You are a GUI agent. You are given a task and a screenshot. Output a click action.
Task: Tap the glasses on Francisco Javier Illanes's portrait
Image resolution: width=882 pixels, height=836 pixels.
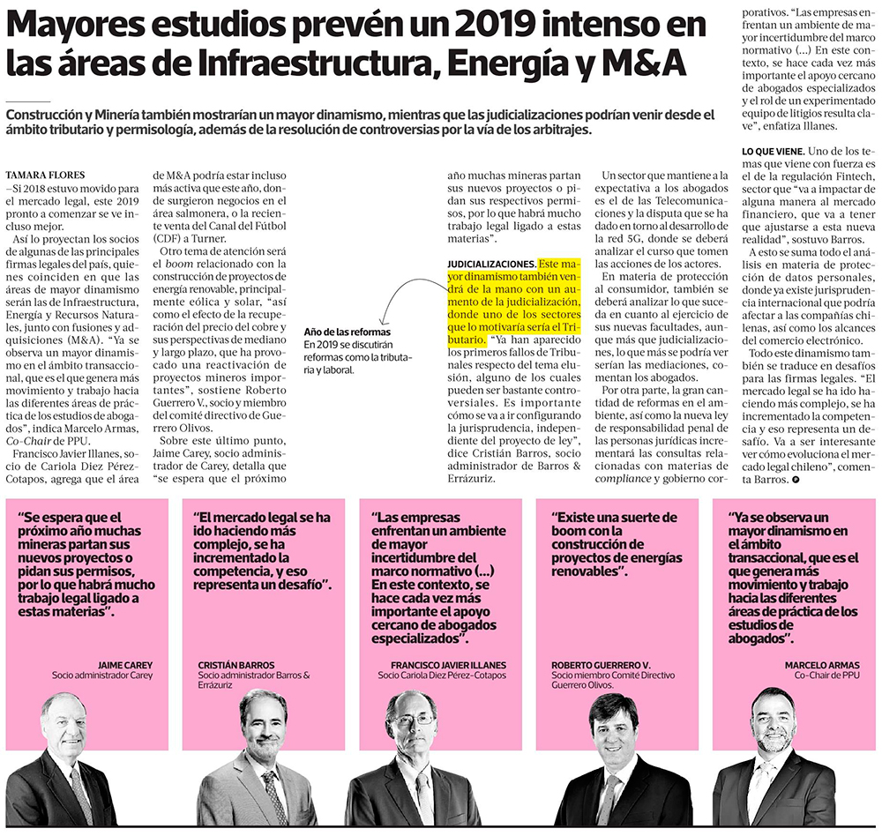pos(412,720)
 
